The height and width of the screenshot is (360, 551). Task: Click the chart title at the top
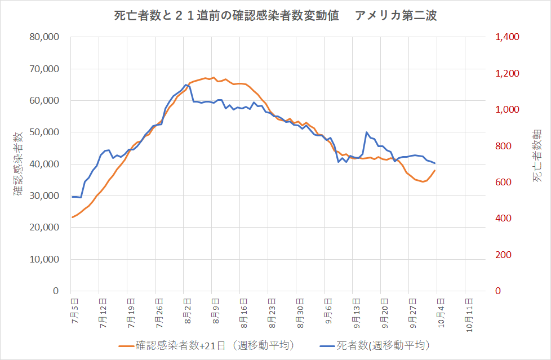point(275,16)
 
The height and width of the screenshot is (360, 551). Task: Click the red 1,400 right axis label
point(507,37)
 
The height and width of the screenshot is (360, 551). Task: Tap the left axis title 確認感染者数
point(18,164)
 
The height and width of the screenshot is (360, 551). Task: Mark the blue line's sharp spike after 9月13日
point(367,132)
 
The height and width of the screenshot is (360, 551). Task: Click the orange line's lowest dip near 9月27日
point(423,182)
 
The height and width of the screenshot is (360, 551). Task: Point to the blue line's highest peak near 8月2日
point(186,85)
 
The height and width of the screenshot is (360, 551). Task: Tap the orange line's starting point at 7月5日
point(72,217)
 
